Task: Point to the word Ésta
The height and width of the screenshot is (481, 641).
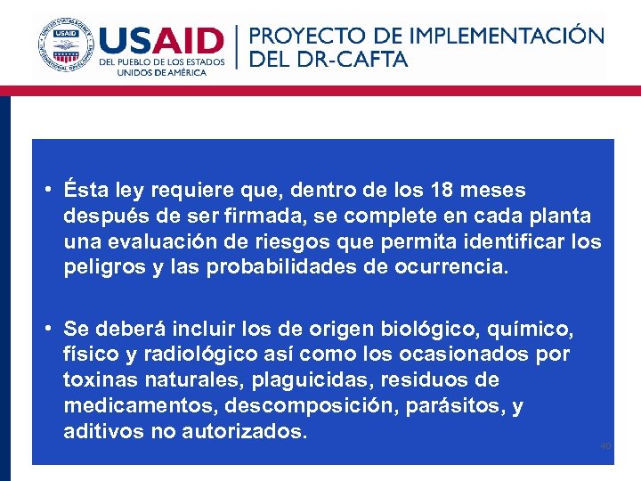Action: coord(85,191)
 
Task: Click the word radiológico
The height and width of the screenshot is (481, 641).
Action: coord(185,355)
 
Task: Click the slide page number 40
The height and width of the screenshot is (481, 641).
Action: coord(604,446)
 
